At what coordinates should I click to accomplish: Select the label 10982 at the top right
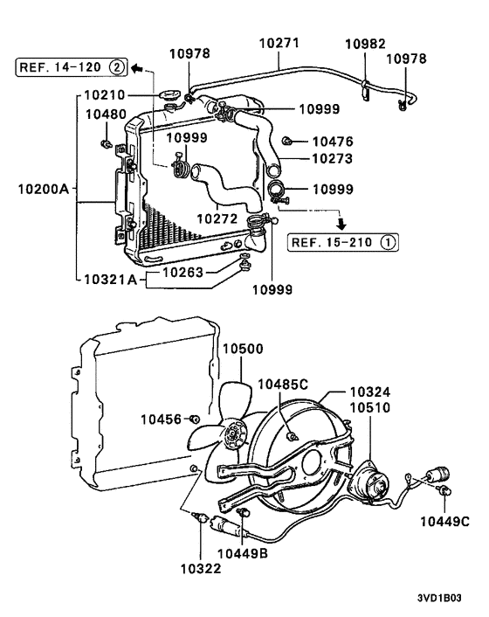(364, 43)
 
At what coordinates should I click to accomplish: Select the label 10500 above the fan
(241, 349)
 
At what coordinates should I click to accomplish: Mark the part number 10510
(370, 407)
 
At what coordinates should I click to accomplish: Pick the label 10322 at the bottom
(202, 569)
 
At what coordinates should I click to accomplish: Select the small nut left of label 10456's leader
(194, 420)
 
